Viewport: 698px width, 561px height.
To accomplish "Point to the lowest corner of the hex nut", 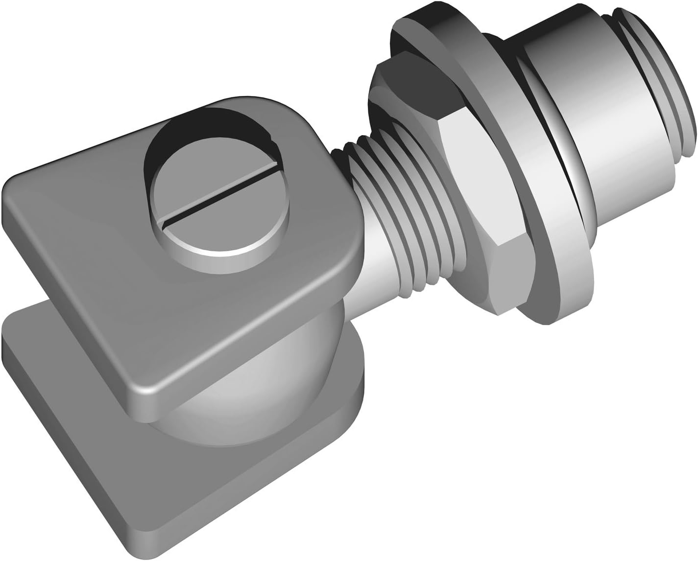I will pyautogui.click(x=500, y=313).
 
